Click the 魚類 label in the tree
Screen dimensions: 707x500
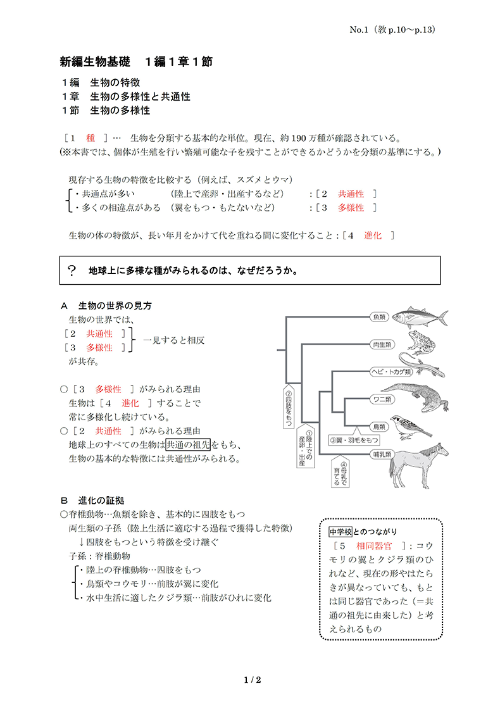tap(379, 316)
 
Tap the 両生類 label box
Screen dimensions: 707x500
tap(379, 345)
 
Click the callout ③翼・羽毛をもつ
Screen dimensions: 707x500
tap(354, 439)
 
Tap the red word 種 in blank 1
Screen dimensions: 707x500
tap(90, 137)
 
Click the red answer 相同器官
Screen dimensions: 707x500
tap(375, 544)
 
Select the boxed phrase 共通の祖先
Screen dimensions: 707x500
tap(189, 444)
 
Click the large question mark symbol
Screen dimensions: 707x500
tap(72, 270)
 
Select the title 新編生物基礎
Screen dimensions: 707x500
tap(95, 62)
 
